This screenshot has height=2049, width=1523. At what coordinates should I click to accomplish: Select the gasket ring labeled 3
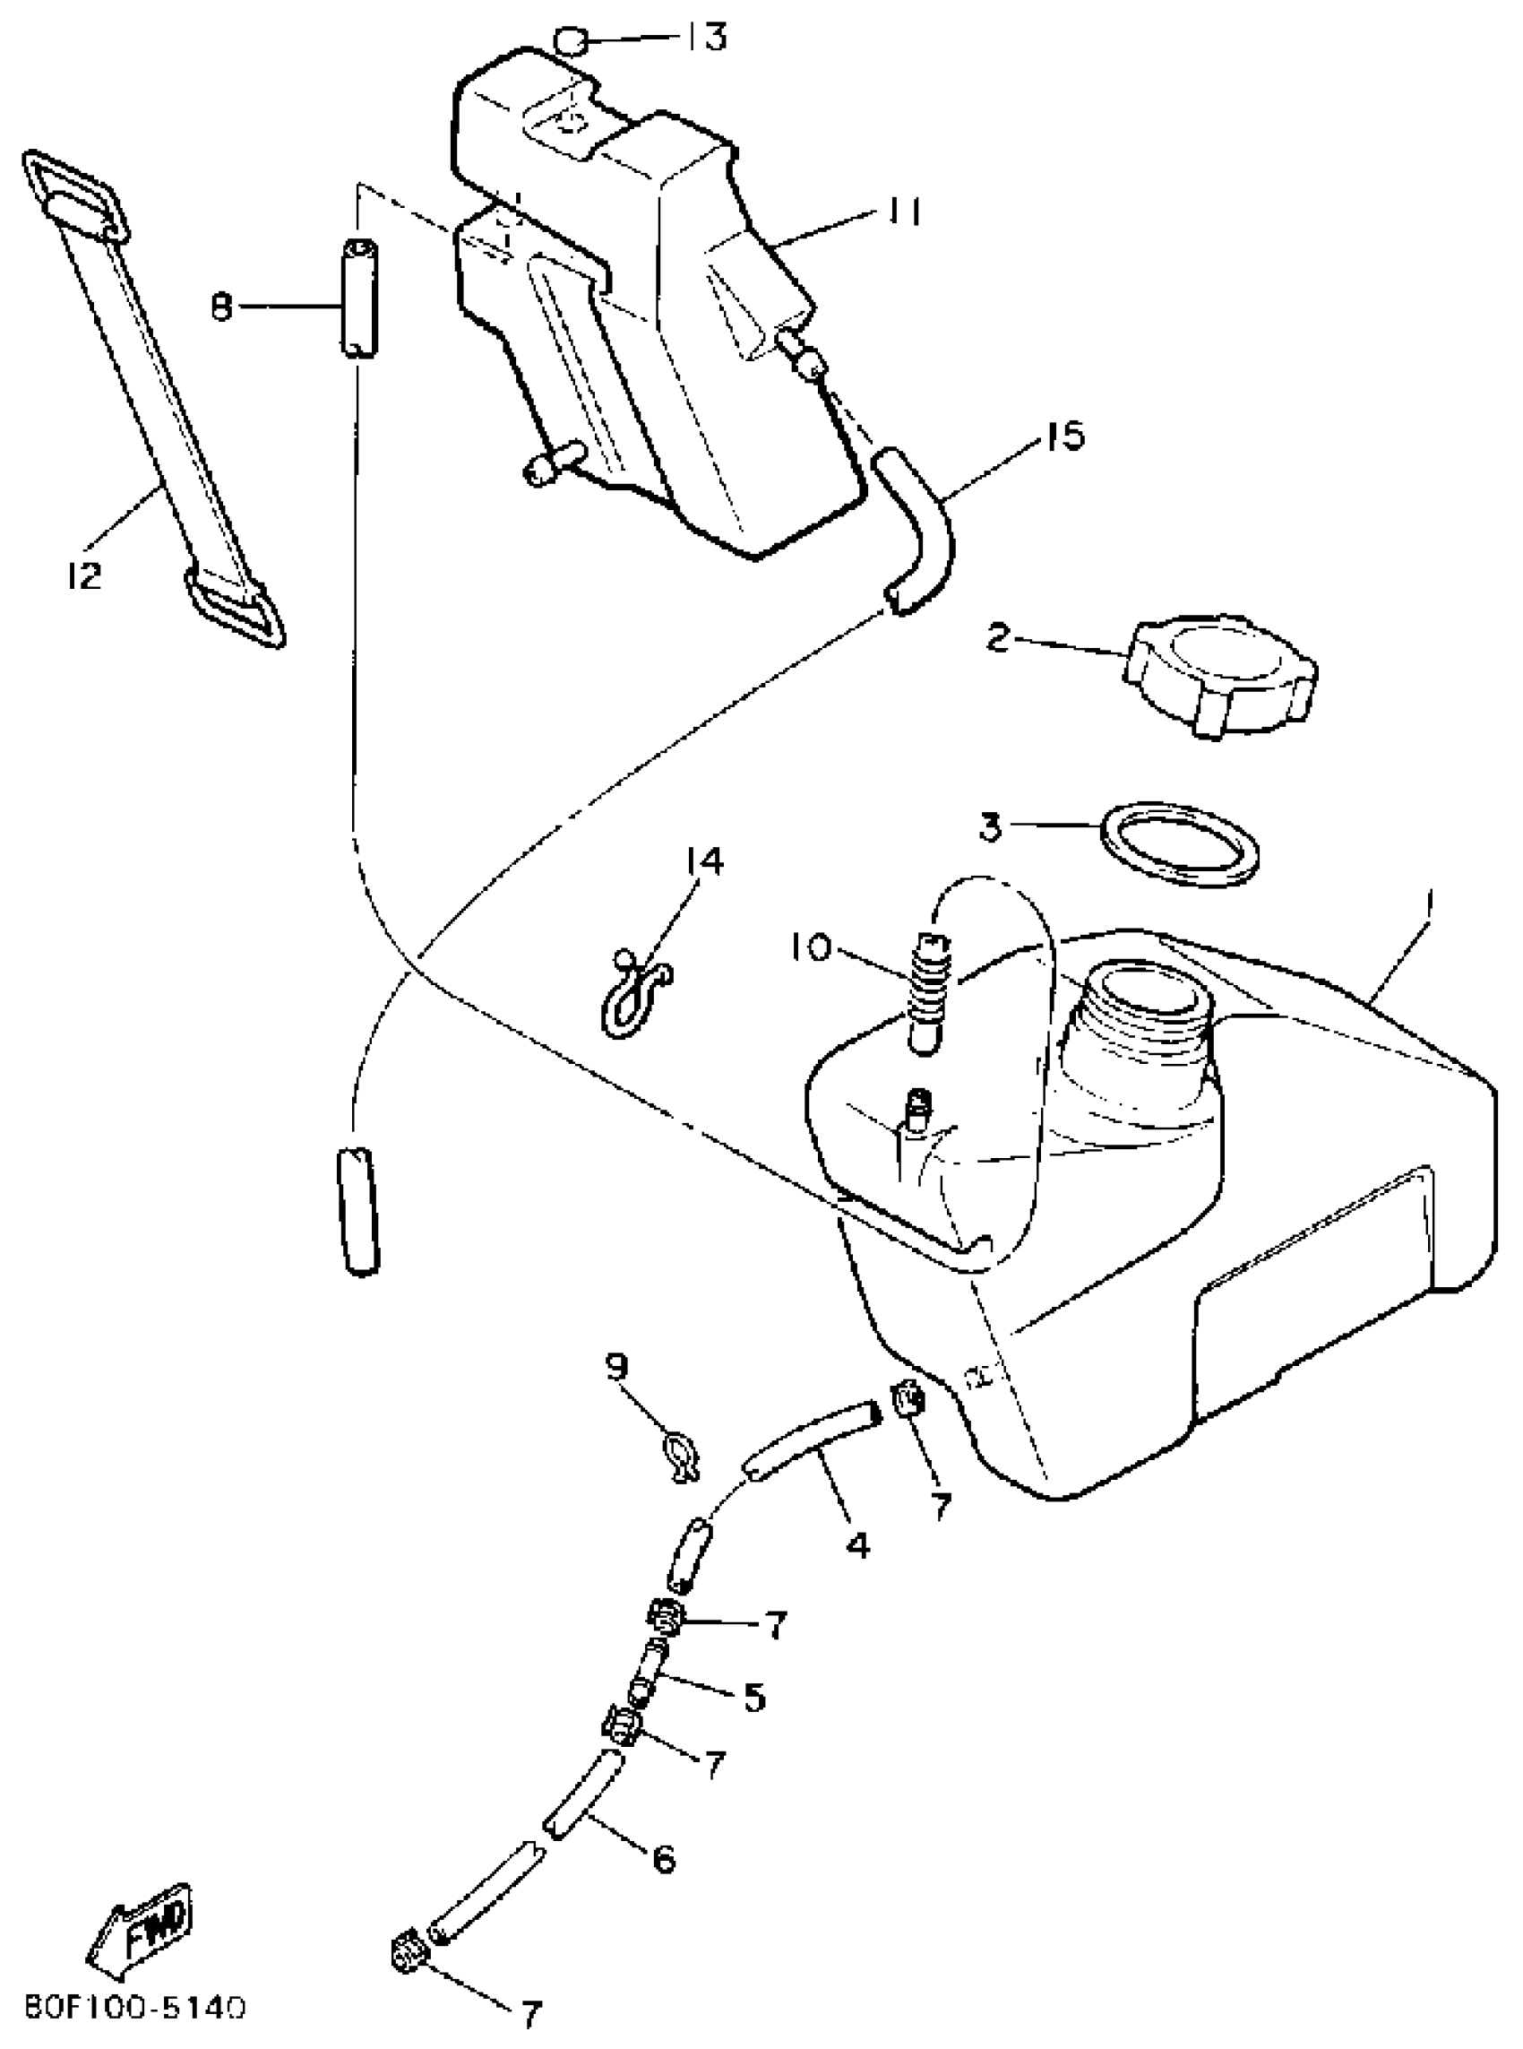click(x=1181, y=842)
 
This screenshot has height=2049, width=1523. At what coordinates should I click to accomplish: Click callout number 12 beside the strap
click(x=84, y=576)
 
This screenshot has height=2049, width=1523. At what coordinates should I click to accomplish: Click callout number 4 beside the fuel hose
click(x=857, y=1545)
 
